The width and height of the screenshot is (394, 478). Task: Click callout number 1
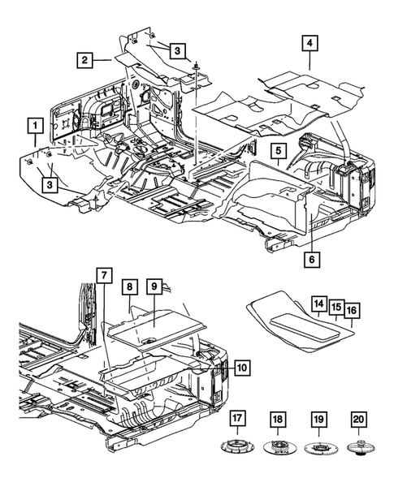[x=34, y=126]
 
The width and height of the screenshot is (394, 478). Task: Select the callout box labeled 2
[x=83, y=58]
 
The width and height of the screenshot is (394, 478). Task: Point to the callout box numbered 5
[x=277, y=151]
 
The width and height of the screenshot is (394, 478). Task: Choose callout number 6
[x=310, y=260]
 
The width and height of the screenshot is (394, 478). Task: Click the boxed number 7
[x=104, y=275]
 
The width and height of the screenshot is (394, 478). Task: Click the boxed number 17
[x=237, y=419]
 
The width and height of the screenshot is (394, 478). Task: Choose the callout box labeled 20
[x=358, y=419]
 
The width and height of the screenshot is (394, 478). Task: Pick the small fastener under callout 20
[x=358, y=446]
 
